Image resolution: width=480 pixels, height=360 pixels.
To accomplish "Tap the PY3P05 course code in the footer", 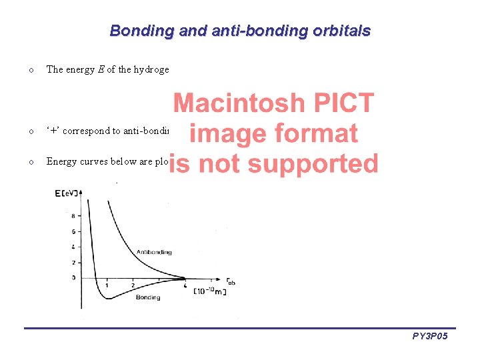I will (430, 337).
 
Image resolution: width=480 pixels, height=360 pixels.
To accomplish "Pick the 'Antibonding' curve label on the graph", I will (153, 252).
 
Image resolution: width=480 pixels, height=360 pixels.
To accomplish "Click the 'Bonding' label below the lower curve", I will (147, 297).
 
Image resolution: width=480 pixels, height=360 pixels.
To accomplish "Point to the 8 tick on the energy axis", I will (72, 216).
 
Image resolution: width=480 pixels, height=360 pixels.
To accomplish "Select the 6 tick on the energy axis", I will (72, 231).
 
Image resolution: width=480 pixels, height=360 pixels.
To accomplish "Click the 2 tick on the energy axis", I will (72, 262).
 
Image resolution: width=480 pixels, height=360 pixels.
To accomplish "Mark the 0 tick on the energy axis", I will (72, 277).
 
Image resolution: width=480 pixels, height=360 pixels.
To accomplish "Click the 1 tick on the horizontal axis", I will (107, 285).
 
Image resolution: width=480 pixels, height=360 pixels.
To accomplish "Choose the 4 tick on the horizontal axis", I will (184, 285).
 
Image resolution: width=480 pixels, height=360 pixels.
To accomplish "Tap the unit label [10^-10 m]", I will (210, 292).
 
